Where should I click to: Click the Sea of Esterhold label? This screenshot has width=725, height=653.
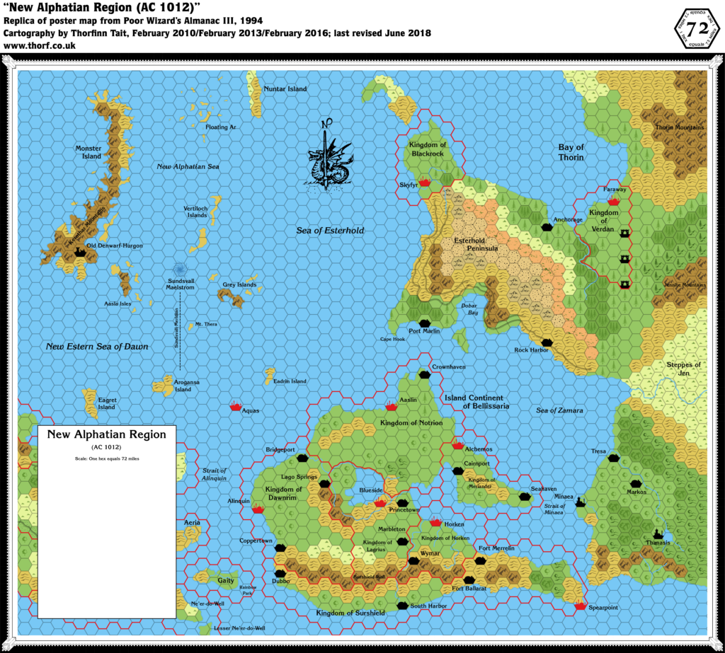330,230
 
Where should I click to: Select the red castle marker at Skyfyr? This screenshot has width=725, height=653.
424,183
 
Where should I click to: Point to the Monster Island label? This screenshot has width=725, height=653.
89,152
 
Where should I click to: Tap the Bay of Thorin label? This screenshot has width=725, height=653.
571,152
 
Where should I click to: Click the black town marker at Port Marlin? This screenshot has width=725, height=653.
424,320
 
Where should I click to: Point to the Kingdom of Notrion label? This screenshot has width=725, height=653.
411,422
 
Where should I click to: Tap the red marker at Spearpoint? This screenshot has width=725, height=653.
581,606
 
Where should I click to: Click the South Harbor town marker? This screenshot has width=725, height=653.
404,606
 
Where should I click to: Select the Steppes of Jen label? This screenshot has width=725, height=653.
683,369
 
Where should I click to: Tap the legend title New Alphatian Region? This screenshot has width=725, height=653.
106,434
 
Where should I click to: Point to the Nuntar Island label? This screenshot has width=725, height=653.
285,89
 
